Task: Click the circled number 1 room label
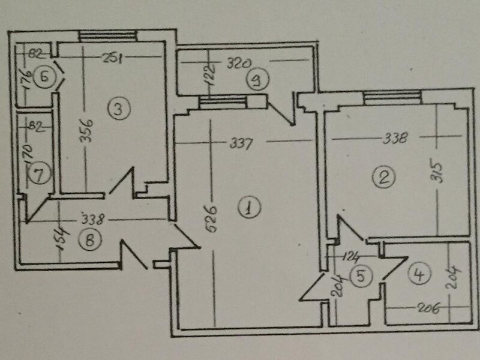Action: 249,208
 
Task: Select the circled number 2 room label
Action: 383,177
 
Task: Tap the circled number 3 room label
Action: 119,109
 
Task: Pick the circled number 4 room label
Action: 419,274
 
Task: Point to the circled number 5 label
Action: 362,275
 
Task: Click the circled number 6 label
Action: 44,77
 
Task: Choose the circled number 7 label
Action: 40,174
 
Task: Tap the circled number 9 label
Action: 257,80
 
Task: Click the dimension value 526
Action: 212,219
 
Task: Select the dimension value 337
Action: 241,143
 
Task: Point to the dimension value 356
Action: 86,131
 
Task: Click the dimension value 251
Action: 112,58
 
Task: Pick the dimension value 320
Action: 239,64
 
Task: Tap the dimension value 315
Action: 438,172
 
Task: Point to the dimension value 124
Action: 350,257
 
